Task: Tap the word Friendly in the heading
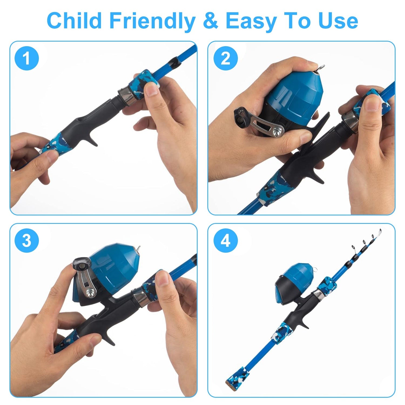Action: pyautogui.click(x=151, y=21)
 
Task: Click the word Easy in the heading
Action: pyautogui.click(x=250, y=21)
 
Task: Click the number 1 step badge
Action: pyautogui.click(x=26, y=58)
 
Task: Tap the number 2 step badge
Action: pyautogui.click(x=225, y=58)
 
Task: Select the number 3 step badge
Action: pyautogui.click(x=26, y=240)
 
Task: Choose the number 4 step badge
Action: pyautogui.click(x=225, y=240)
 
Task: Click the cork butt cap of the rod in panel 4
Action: pyautogui.click(x=232, y=378)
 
